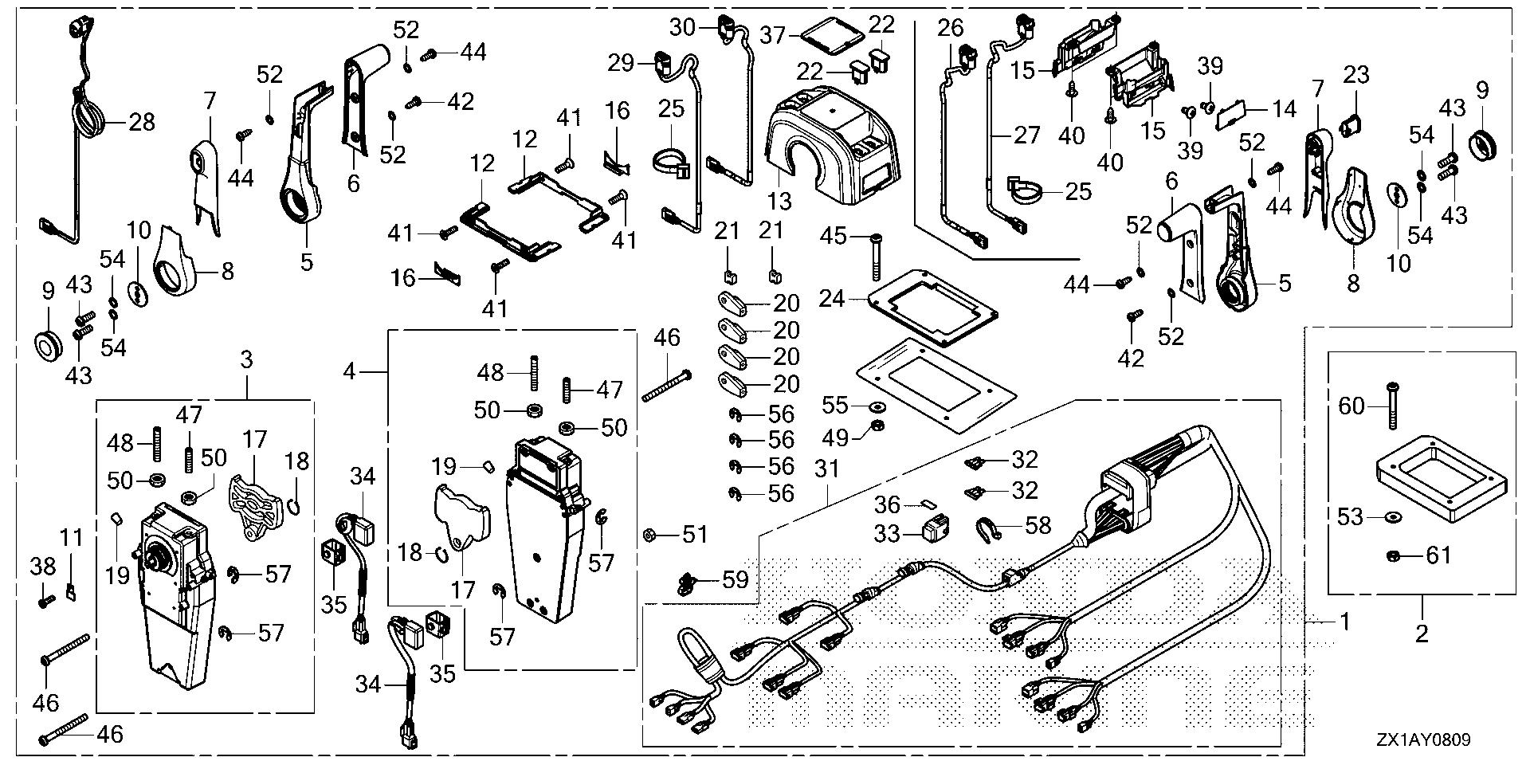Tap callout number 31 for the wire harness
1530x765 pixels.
click(x=827, y=469)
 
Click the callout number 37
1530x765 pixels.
click(x=772, y=35)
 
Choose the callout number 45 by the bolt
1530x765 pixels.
click(x=834, y=237)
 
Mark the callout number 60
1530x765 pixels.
click(x=1351, y=407)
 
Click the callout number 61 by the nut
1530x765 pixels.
click(x=1438, y=555)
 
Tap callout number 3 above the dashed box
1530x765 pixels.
click(x=246, y=359)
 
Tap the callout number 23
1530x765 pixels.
click(x=1355, y=75)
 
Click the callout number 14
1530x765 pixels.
click(x=1283, y=109)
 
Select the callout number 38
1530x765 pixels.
click(x=43, y=567)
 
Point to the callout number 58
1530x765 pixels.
click(x=1037, y=525)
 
